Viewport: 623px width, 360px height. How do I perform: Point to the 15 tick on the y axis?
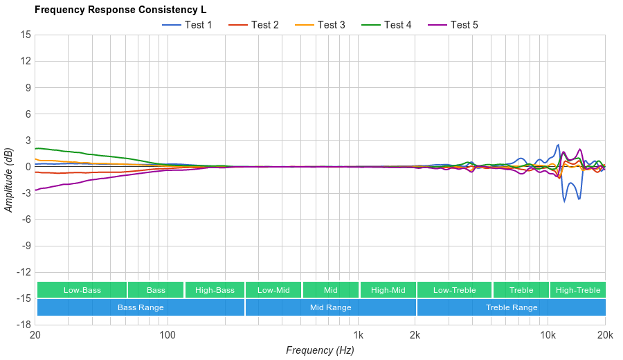tap(26, 35)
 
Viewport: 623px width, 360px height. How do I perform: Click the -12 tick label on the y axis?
tap(24, 271)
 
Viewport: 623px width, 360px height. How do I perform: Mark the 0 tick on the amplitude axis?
tap(28, 167)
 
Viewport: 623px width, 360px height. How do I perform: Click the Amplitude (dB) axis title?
tap(9, 180)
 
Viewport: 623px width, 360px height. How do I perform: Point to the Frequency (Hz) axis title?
tap(320, 350)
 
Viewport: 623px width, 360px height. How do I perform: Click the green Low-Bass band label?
tap(82, 290)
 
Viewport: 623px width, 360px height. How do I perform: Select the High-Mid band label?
tap(388, 290)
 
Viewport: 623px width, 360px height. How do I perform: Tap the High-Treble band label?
tap(578, 290)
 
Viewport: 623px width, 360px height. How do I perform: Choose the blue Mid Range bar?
tap(330, 307)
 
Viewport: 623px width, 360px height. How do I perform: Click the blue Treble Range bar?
tap(511, 307)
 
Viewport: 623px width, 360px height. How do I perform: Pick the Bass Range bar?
tap(141, 307)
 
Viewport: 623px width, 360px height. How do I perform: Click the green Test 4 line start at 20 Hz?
tap(35, 148)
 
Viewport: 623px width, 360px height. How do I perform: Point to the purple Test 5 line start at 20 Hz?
tap(35, 190)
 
